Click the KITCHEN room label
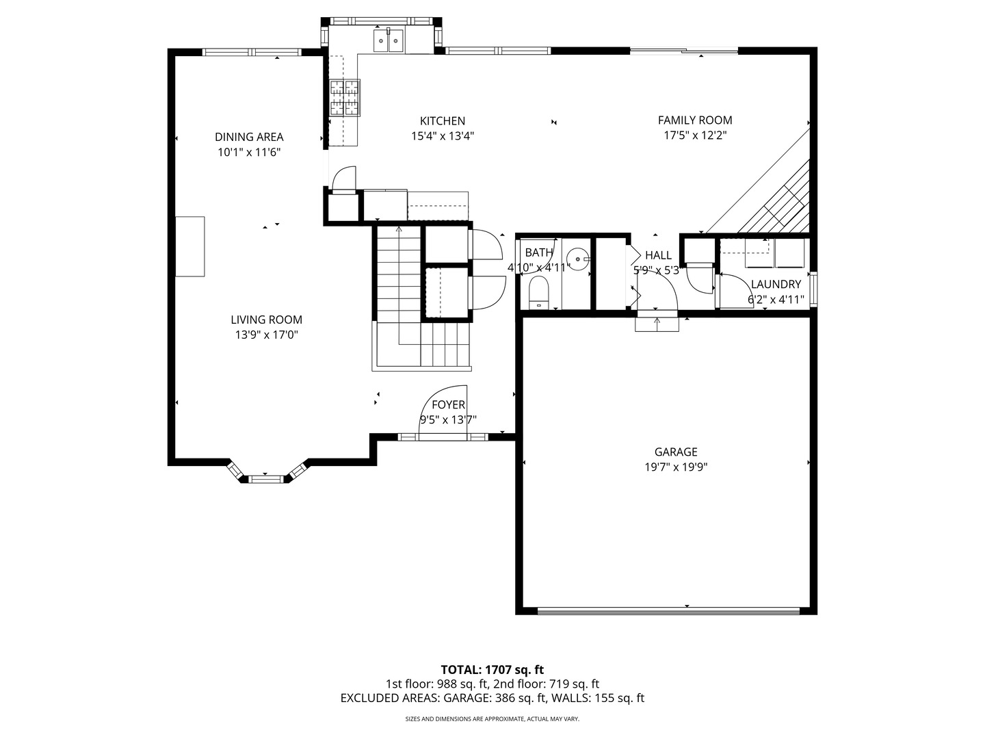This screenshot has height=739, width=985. pyautogui.click(x=442, y=120)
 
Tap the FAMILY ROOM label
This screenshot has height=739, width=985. pyautogui.click(x=695, y=120)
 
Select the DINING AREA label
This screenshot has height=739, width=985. pyautogui.click(x=249, y=137)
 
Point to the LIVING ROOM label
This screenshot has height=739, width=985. pyautogui.click(x=267, y=320)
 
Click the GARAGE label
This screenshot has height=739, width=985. pyautogui.click(x=676, y=452)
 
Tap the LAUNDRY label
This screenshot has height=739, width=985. pyautogui.click(x=776, y=284)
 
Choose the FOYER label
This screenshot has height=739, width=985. pyautogui.click(x=448, y=404)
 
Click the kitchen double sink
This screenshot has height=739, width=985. pyautogui.click(x=388, y=40)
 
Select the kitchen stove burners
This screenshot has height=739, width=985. pyautogui.click(x=345, y=97)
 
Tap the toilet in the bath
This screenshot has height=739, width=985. pyautogui.click(x=539, y=293)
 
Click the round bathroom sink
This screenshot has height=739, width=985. pyautogui.click(x=577, y=259)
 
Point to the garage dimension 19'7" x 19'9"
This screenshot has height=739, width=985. pyautogui.click(x=676, y=467)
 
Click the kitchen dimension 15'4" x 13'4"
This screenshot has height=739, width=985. pyautogui.click(x=443, y=136)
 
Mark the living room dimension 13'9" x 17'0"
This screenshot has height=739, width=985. pyautogui.click(x=267, y=335)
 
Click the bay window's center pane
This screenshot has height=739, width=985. pyautogui.click(x=265, y=479)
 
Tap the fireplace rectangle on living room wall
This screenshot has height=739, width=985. pyautogui.click(x=190, y=246)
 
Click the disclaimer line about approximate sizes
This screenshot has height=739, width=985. pyautogui.click(x=492, y=718)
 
